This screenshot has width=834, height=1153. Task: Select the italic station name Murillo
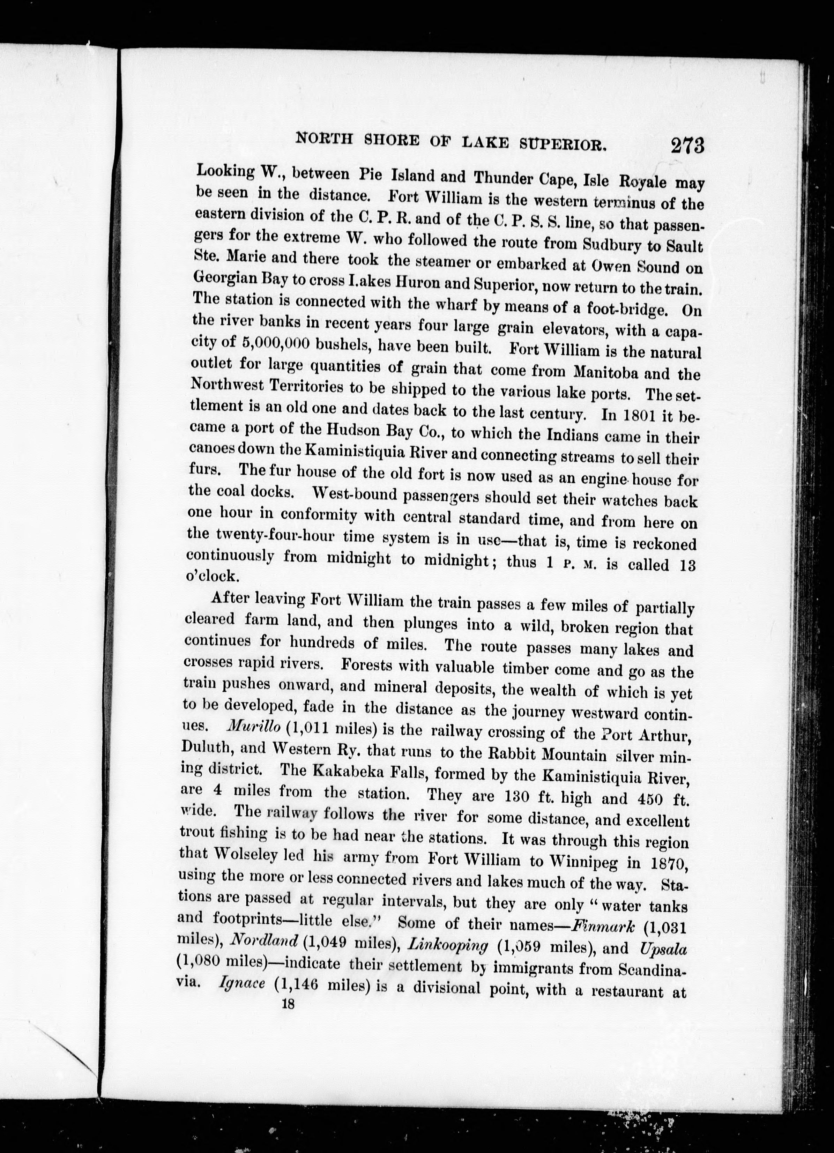point(254,727)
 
